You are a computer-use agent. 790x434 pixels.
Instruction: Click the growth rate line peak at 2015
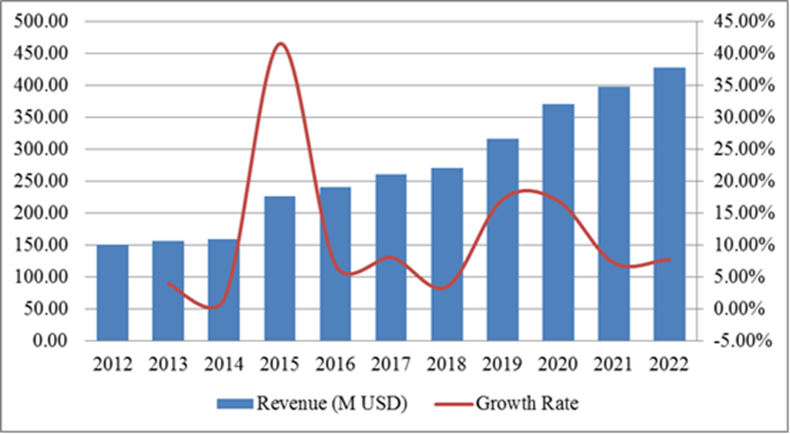coord(280,44)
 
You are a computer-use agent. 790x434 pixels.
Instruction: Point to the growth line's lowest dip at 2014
coord(213,307)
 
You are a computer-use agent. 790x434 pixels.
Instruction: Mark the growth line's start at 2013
coord(168,283)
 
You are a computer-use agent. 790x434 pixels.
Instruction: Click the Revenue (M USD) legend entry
coord(309,401)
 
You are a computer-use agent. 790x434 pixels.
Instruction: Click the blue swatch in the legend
coord(235,402)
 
